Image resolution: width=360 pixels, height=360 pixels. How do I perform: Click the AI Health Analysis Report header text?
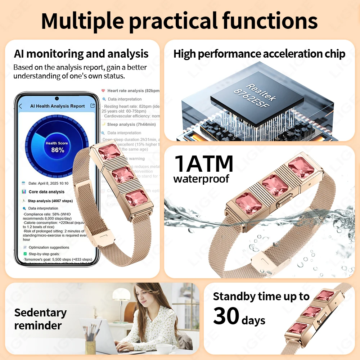(57, 106)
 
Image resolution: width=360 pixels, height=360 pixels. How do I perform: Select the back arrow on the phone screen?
(21, 106)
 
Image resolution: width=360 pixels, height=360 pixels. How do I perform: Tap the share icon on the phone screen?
(93, 106)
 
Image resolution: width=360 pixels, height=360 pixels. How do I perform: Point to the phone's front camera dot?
(57, 98)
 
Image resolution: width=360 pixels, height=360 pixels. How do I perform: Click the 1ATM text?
(204, 164)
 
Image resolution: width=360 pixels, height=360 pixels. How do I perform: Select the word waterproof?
(201, 179)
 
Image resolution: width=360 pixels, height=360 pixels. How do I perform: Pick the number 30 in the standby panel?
(226, 316)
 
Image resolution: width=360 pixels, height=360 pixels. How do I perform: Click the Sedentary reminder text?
(40, 319)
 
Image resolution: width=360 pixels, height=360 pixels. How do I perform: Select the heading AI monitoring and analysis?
(81, 54)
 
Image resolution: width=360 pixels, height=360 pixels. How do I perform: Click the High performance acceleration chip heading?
(259, 54)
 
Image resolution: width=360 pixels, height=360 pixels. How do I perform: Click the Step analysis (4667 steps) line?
(50, 201)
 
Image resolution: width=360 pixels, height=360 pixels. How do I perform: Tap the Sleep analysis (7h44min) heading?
(131, 125)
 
